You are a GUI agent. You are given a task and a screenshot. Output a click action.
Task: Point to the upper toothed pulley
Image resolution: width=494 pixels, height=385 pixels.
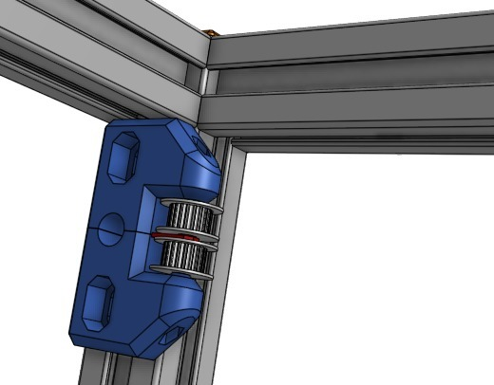tap(188, 217)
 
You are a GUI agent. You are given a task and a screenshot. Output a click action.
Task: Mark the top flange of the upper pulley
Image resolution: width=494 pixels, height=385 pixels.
tap(194, 202)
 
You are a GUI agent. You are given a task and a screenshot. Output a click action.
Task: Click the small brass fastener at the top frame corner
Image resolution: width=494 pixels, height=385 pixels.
tap(211, 34)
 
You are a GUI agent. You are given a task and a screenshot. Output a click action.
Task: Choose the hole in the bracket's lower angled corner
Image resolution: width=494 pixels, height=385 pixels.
tap(172, 333)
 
